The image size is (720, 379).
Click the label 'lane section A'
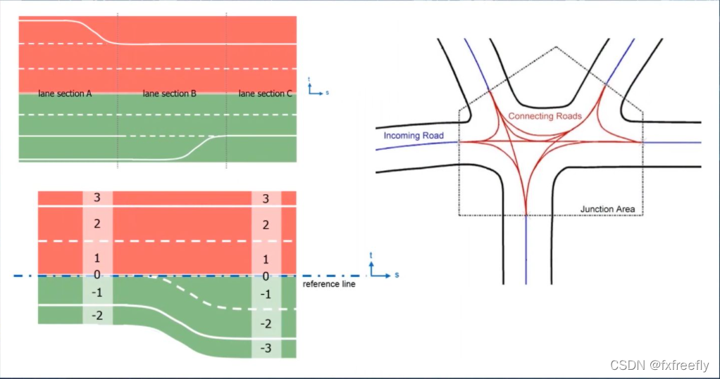point(65,94)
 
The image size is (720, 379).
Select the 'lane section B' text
point(169,94)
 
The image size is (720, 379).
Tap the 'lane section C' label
point(265,94)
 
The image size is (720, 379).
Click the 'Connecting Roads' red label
point(545,116)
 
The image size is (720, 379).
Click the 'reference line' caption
point(328,284)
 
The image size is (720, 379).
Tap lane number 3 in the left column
point(97,197)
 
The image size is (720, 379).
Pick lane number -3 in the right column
point(266,348)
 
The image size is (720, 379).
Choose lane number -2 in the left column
point(97,316)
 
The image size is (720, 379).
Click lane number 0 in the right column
point(266,276)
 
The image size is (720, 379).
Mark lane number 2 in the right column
point(266,225)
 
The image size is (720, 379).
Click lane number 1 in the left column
point(97,259)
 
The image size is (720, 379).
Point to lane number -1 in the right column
point(266,294)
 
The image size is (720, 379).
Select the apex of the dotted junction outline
point(557,47)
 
